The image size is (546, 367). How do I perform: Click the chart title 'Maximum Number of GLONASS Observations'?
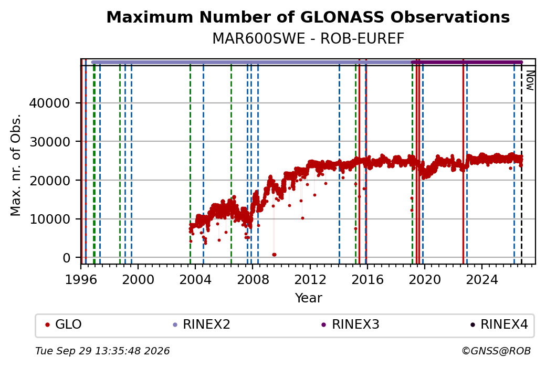pos(308,17)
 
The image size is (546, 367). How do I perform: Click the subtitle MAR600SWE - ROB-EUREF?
pos(308,39)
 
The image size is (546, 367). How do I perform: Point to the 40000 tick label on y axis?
pos(49,103)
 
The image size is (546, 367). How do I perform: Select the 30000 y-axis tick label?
pos(49,142)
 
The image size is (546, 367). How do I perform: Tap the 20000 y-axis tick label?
pos(49,181)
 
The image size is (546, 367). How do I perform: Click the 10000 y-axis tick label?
pos(49,219)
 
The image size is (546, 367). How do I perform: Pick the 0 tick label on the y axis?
pos(66,258)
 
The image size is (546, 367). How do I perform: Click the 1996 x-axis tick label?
pos(81,279)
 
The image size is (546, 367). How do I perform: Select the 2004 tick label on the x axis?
pos(195,279)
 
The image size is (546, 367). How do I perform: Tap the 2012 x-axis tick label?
pos(310,279)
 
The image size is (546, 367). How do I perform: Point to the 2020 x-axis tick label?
pos(425,279)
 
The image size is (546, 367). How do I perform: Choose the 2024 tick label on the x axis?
pos(481,279)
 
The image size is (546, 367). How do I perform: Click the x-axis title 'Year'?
pos(309,298)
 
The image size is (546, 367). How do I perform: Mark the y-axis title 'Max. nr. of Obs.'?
pos(16,165)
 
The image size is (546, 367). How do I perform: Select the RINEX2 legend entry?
pos(202,324)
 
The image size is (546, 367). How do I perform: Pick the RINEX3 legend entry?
pos(350,324)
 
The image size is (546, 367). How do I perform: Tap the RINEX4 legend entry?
pos(499,324)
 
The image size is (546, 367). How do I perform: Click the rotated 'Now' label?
pos(530,80)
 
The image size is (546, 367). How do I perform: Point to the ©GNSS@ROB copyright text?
pos(496,351)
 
